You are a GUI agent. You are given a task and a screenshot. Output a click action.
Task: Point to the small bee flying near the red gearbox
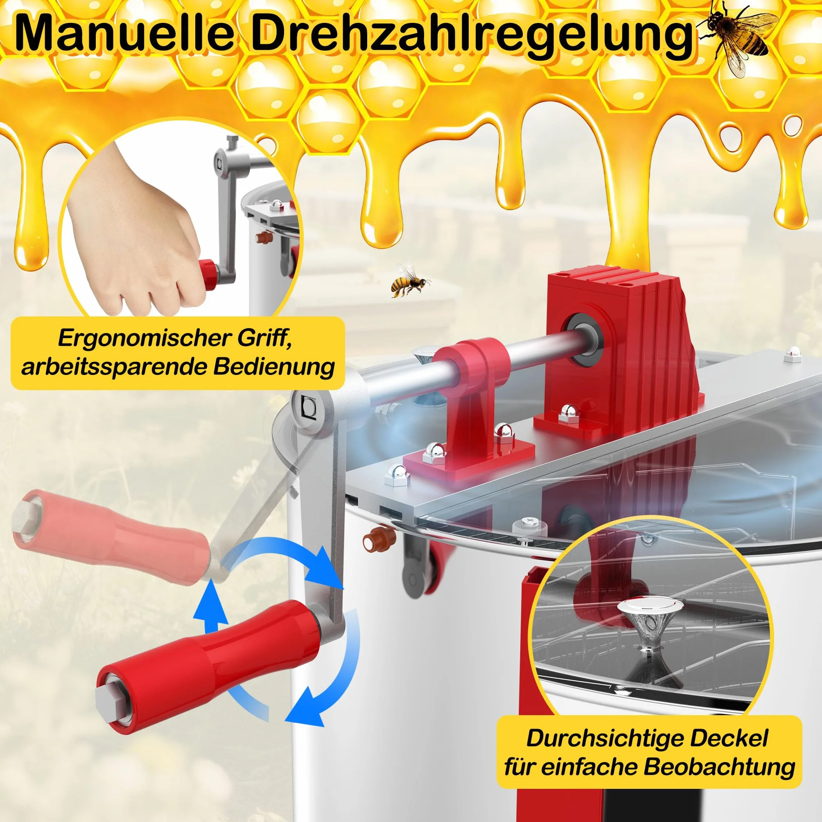409,280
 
